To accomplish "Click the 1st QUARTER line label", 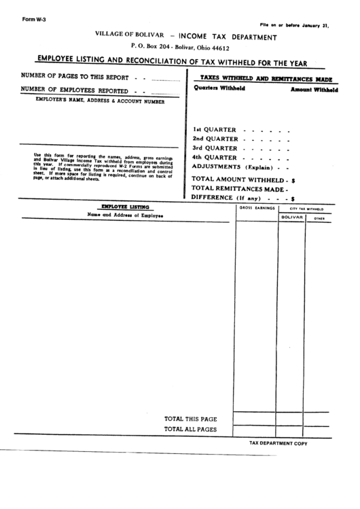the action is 214,128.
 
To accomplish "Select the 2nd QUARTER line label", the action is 215,138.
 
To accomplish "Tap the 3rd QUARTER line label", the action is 215,147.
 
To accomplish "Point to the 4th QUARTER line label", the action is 215,157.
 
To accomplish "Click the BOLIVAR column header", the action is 291,218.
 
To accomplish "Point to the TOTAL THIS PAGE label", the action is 190,419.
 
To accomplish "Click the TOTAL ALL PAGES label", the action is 190,429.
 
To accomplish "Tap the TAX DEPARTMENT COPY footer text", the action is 278,443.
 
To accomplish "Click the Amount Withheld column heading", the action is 314,90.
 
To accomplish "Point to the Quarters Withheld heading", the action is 216,88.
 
